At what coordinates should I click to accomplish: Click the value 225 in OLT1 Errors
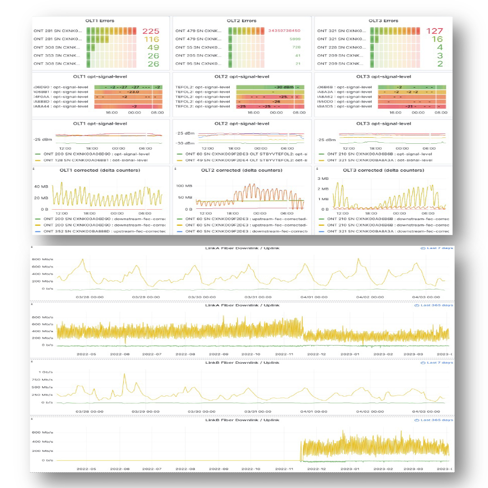pyautogui.click(x=151, y=31)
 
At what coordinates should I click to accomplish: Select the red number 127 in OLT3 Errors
pyautogui.click(x=435, y=31)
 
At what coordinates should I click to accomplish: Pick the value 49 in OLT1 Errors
pyautogui.click(x=153, y=47)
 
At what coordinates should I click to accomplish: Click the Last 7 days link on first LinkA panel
pyautogui.click(x=436, y=248)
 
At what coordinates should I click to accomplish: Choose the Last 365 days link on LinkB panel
pyautogui.click(x=433, y=420)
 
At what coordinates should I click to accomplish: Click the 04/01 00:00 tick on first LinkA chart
pyautogui.click(x=314, y=297)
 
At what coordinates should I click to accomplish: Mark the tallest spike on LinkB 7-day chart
pyautogui.click(x=124, y=374)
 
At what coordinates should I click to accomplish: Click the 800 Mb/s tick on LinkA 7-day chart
pyautogui.click(x=42, y=259)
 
